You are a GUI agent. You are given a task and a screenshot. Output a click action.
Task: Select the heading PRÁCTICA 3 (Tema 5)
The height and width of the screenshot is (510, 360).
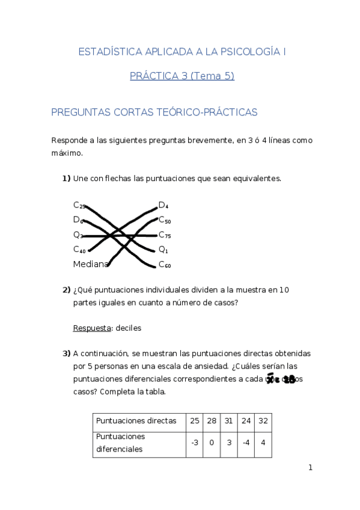(x=182, y=76)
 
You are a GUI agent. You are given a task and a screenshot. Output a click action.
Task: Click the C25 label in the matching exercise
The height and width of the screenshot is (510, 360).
(x=79, y=206)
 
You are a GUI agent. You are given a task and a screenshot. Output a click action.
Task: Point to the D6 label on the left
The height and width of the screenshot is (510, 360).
(x=78, y=220)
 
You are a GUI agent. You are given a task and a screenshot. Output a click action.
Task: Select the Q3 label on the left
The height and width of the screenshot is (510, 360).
(x=78, y=235)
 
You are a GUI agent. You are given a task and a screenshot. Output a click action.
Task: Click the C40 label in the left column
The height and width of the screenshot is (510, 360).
(x=79, y=250)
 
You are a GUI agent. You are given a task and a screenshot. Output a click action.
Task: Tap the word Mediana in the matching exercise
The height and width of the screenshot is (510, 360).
(x=91, y=264)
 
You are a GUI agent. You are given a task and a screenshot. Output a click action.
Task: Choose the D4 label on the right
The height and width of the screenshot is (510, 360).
(x=163, y=206)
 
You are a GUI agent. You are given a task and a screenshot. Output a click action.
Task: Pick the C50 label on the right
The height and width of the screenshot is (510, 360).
(x=165, y=221)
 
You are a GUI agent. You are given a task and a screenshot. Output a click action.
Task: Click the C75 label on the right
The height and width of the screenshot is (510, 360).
(x=165, y=235)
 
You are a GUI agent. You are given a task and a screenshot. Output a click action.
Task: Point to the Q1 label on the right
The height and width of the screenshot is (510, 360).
(x=163, y=250)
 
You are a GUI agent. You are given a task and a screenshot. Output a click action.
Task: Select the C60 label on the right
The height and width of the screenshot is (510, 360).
(x=165, y=265)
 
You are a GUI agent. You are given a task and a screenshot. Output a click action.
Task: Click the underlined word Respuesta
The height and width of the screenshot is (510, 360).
(x=92, y=328)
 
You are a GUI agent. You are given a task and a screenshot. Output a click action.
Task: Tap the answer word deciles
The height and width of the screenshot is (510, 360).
(x=128, y=328)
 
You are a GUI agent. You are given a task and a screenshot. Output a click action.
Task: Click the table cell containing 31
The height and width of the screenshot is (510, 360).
(x=229, y=421)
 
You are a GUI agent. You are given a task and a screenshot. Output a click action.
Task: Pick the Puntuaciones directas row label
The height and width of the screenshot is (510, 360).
(x=136, y=421)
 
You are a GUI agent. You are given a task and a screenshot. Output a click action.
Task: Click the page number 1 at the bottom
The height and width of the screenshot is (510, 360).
(x=311, y=467)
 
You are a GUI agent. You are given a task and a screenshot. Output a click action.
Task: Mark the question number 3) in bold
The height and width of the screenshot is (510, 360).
(x=67, y=353)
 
